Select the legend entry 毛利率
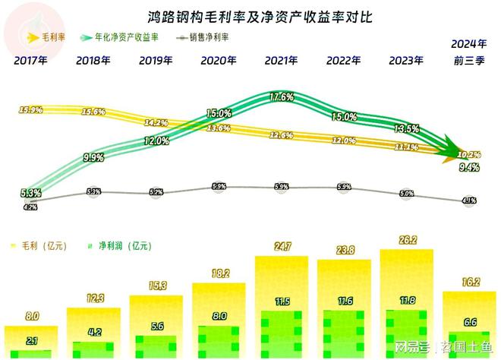(49, 36)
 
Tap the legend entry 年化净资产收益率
(124, 36)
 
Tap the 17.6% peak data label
(282, 96)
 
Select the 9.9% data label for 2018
(94, 158)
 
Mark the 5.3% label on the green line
(31, 193)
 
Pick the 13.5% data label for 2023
(408, 128)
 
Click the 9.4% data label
(469, 168)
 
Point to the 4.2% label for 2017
(31, 206)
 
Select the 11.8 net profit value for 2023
(408, 302)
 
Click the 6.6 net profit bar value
(469, 323)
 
